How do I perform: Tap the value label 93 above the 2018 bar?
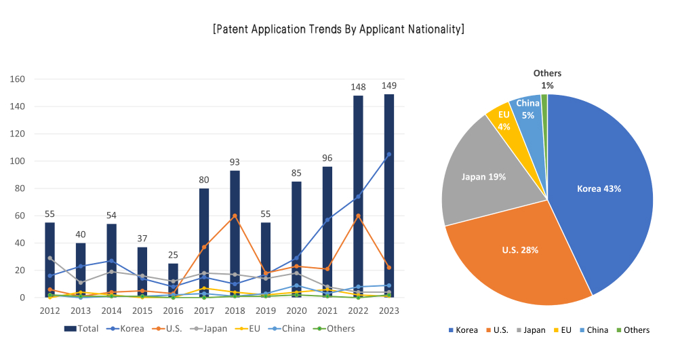235,161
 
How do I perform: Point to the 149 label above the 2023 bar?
389,85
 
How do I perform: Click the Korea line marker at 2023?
389,154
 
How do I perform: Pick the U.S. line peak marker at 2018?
235,216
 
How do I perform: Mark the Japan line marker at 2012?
50,258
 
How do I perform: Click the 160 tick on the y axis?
18,79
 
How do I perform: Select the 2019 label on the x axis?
266,311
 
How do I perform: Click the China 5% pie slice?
527,110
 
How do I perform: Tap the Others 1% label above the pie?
547,79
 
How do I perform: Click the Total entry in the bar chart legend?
82,329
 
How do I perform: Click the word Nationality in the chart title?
428,29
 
